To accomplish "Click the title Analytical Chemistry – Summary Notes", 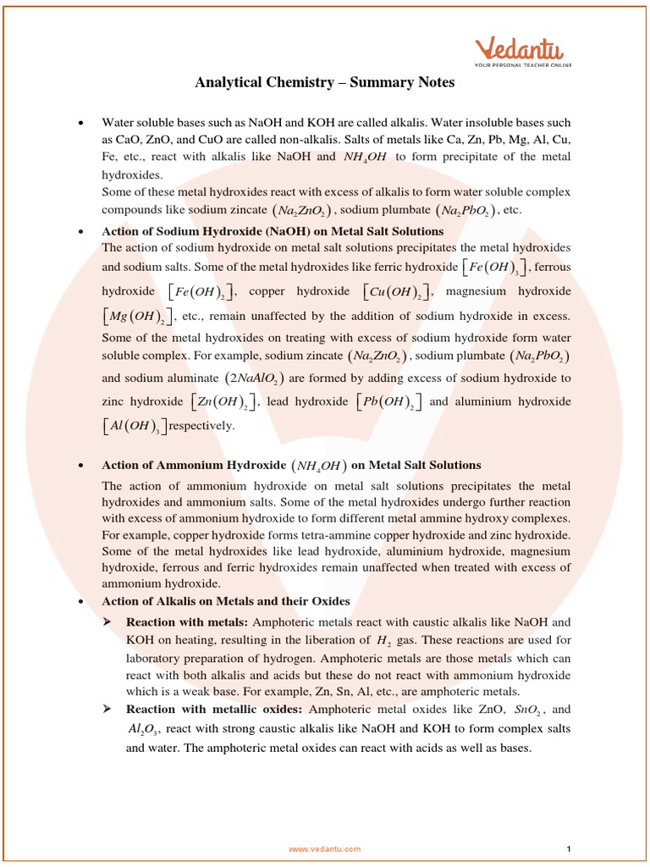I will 325,82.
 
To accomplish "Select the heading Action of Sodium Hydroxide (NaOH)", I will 272,231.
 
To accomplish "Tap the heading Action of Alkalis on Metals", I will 225,601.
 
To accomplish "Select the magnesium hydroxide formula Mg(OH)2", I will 137,317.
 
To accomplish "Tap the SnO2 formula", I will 529,710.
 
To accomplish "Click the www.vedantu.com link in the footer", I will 324,848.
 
